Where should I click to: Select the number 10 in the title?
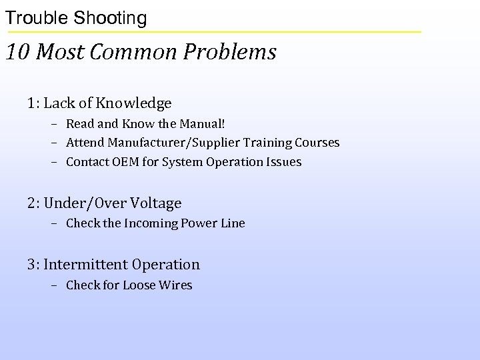[18, 52]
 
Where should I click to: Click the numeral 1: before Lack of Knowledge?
[34, 103]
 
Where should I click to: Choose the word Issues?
[285, 162]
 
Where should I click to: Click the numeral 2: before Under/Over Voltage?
[34, 203]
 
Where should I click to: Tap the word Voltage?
[156, 203]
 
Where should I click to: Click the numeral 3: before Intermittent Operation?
[34, 265]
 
